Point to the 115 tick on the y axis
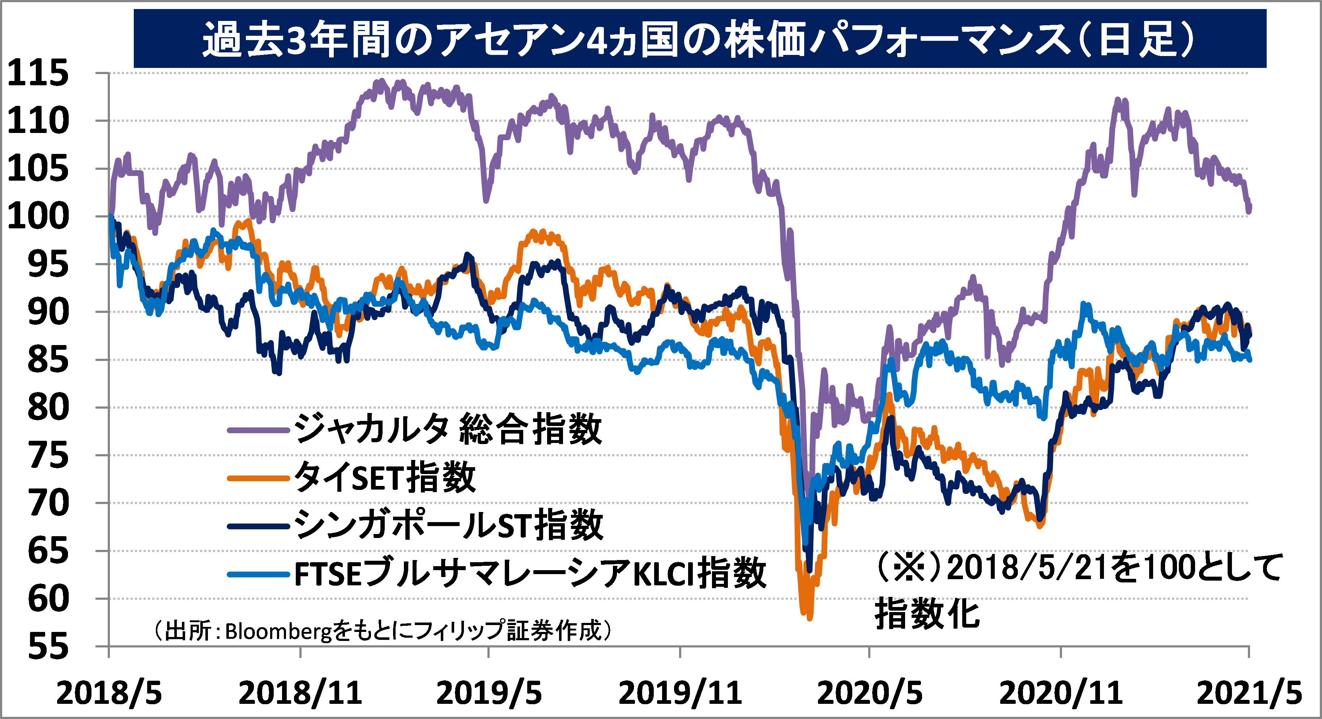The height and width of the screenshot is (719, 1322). point(38,73)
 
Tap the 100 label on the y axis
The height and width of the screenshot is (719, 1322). point(38,216)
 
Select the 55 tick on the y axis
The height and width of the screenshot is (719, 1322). point(48,647)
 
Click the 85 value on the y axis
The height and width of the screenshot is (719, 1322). point(48,360)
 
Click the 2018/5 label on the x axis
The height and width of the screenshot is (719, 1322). point(109,693)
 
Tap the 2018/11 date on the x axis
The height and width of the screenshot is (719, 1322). point(300,693)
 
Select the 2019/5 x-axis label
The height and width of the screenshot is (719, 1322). point(489,693)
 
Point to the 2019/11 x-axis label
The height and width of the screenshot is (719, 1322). point(680,693)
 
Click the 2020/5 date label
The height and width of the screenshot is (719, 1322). point(869,693)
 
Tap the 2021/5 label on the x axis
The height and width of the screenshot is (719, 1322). point(1249,693)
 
